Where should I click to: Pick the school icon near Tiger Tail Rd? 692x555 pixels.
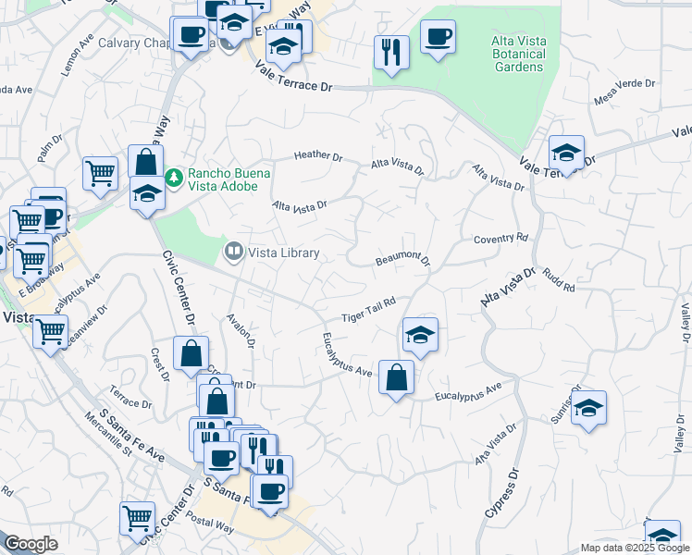[420, 334]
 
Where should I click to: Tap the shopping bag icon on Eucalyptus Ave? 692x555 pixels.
[396, 377]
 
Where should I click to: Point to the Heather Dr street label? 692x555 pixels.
[318, 155]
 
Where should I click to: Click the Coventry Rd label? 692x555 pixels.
[500, 239]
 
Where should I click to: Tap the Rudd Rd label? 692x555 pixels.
[559, 281]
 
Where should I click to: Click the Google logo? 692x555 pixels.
[31, 544]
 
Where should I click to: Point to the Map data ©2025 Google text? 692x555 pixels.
[634, 547]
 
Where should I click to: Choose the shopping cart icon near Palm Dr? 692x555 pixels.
[100, 171]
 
